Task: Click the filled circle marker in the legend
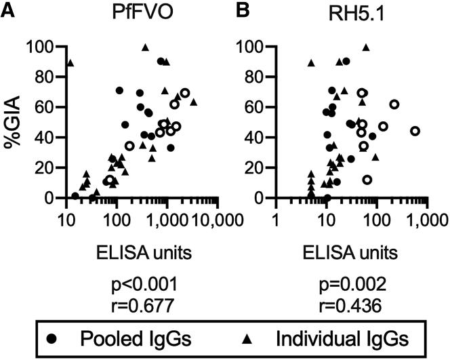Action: click(70, 338)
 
